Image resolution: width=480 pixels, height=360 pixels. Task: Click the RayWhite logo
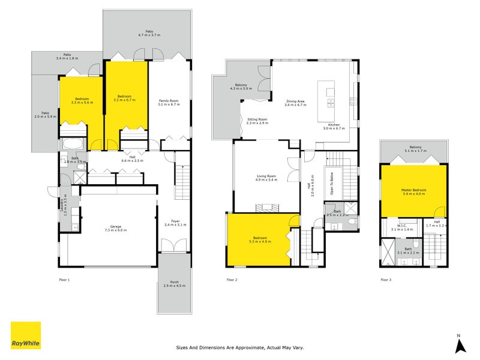pyautogui.click(x=26, y=335)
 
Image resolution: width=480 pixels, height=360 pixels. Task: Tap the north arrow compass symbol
pyautogui.click(x=459, y=345)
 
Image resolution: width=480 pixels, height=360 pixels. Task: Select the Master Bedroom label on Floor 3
pyautogui.click(x=413, y=191)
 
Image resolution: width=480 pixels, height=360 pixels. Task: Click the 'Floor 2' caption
pyautogui.click(x=232, y=280)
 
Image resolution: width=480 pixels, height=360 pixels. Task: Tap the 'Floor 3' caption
pyautogui.click(x=386, y=280)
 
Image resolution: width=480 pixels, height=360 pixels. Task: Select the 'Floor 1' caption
pyautogui.click(x=64, y=280)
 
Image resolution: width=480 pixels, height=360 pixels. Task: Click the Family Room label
pyautogui.click(x=169, y=102)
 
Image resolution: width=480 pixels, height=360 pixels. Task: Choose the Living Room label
pyautogui.click(x=266, y=177)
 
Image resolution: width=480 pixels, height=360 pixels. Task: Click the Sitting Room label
pyautogui.click(x=257, y=121)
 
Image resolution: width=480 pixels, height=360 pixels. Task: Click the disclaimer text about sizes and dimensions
pyautogui.click(x=240, y=347)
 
